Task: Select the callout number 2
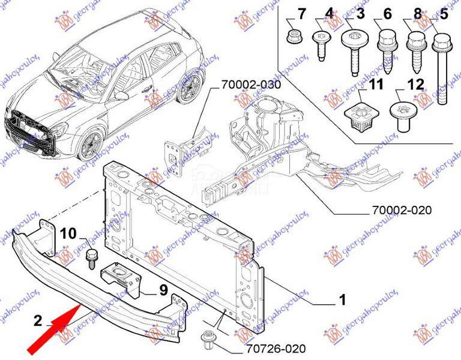click(38, 321)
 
